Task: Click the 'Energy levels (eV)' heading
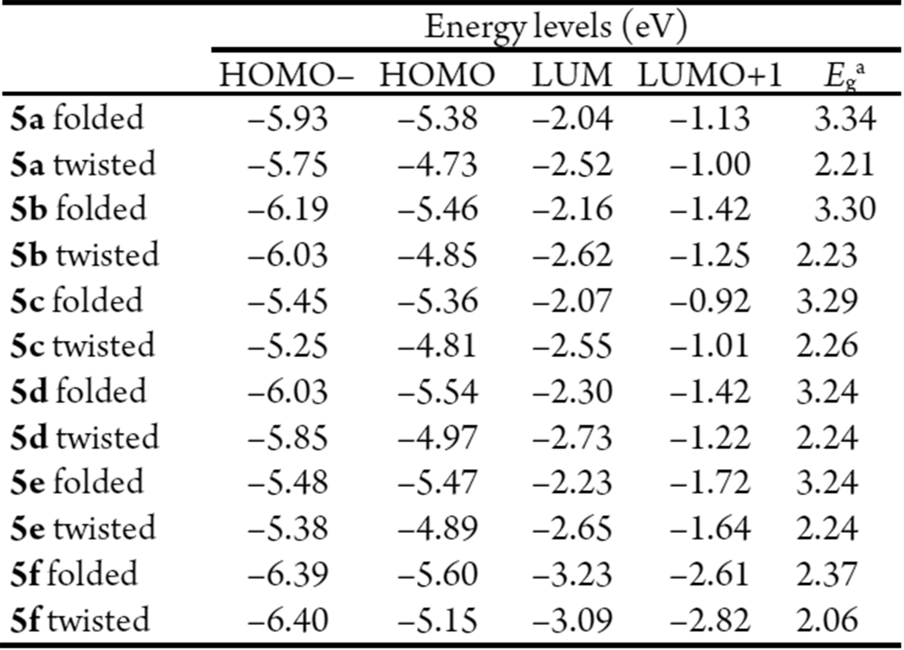(x=556, y=27)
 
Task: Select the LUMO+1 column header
(x=710, y=74)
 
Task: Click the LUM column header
(x=572, y=74)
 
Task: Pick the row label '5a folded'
(x=77, y=118)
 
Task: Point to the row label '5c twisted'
(x=83, y=346)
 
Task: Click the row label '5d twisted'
(x=85, y=438)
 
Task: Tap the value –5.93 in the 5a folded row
(x=288, y=118)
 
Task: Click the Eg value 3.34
(x=845, y=118)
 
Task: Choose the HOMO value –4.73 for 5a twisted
(x=437, y=164)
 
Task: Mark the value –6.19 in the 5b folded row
(x=288, y=209)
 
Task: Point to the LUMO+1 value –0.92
(x=710, y=301)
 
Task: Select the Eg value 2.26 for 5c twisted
(x=827, y=346)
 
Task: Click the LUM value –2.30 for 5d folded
(x=572, y=392)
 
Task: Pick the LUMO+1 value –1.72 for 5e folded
(x=710, y=482)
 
